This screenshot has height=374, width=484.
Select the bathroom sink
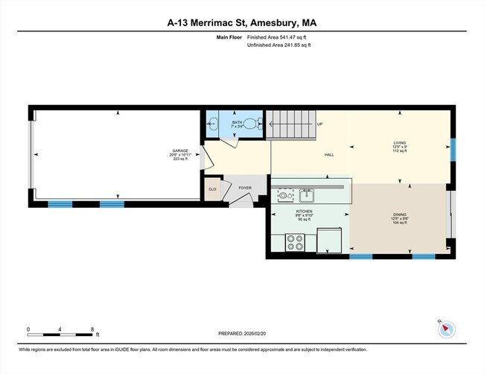point(212,125)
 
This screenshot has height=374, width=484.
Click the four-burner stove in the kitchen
point(295,242)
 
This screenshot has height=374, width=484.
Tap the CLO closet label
point(212,189)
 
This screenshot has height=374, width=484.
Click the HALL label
point(328,155)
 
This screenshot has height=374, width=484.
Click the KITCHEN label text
point(304,211)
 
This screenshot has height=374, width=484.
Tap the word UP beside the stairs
point(319,124)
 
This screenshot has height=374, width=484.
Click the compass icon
point(446,329)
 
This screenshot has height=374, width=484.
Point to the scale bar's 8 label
point(92,329)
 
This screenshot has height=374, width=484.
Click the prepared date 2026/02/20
point(242,333)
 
